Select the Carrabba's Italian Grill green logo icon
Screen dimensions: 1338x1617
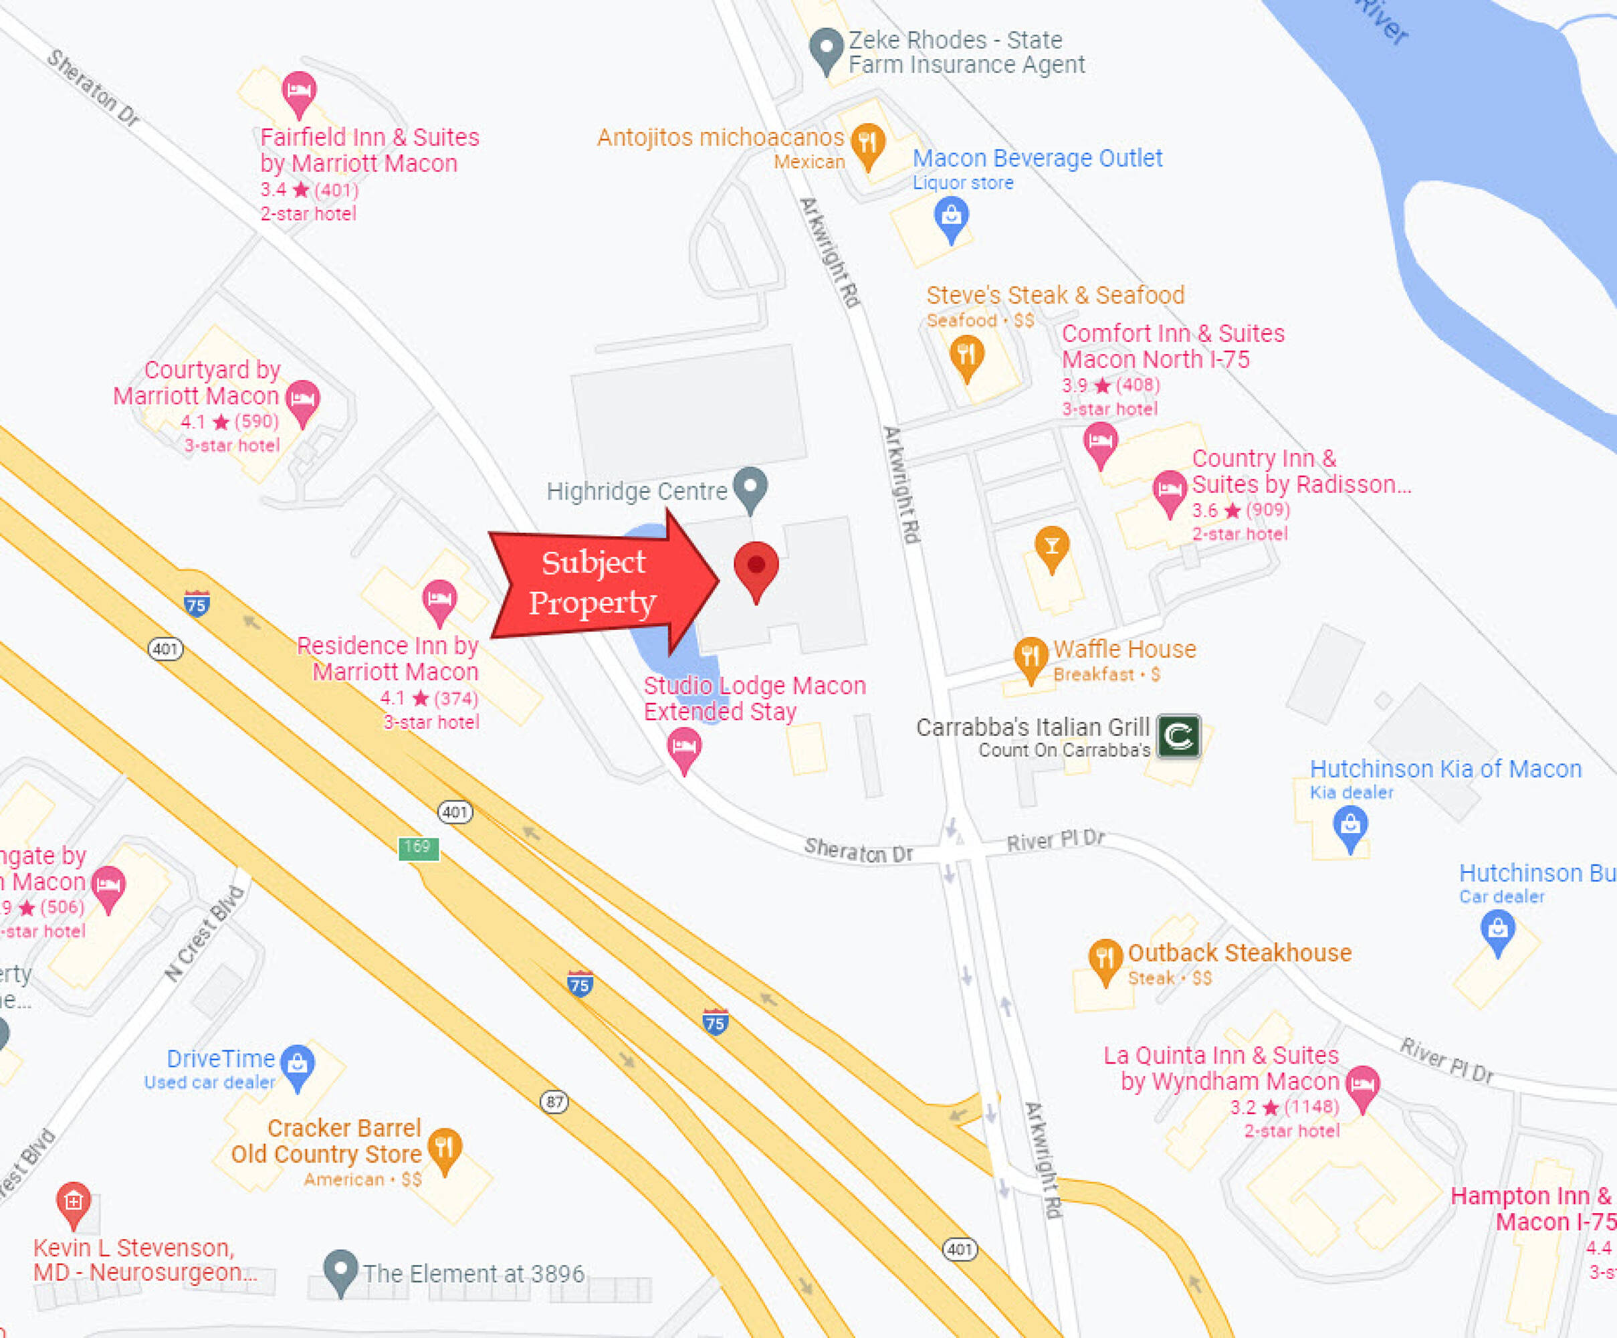point(1178,737)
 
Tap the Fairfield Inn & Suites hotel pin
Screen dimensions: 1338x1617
point(299,92)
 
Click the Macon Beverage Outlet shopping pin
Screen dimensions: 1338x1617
point(951,217)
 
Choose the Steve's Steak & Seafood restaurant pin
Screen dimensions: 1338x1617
point(966,357)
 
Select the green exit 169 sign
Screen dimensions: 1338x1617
point(418,848)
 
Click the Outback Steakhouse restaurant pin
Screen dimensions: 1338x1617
point(1105,959)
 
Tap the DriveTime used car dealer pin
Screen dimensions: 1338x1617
point(297,1065)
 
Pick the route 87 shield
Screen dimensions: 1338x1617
point(554,1102)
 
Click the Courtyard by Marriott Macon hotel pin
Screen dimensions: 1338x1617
point(303,401)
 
